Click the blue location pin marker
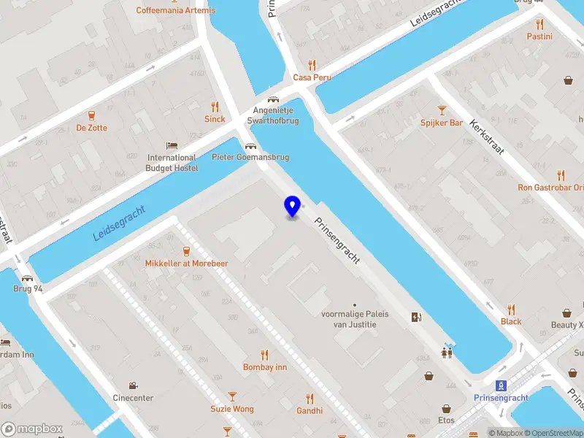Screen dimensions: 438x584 point(293,206)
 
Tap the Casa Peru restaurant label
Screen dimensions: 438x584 point(312,77)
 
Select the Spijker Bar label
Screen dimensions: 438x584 point(441,123)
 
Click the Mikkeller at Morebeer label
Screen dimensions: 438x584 point(187,263)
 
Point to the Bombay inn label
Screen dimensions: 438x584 point(265,367)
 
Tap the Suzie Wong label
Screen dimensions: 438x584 point(232,409)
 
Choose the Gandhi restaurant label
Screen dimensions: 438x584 point(310,410)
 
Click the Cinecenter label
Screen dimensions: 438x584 point(133,398)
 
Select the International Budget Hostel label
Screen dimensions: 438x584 point(172,162)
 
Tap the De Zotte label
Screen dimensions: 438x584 point(91,128)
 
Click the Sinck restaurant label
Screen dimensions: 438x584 point(215,119)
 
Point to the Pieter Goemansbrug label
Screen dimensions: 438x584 point(250,157)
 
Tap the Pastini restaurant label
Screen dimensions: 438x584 point(539,36)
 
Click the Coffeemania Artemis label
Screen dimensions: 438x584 point(175,10)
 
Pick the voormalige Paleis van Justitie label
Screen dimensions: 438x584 point(355,319)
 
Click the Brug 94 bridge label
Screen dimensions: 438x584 point(28,289)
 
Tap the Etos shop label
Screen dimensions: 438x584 point(447,420)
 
